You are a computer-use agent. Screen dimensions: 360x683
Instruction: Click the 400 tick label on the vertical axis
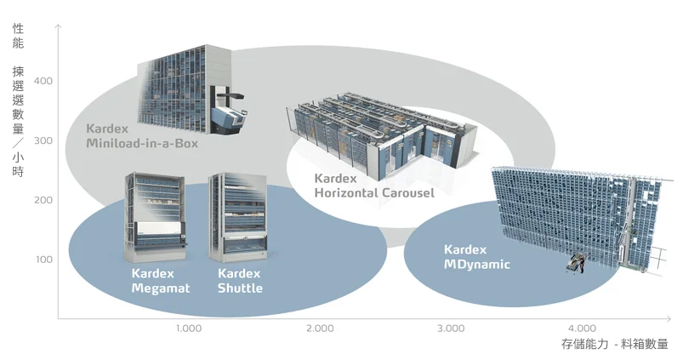click(43, 81)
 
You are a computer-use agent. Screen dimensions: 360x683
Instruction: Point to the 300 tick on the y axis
click(43, 140)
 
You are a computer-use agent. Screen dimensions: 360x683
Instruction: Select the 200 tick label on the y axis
click(43, 200)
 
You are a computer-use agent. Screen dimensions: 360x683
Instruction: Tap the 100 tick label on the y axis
click(43, 259)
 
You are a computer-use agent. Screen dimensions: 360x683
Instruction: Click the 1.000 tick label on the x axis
click(189, 329)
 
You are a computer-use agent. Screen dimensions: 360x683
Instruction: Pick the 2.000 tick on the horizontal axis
click(320, 329)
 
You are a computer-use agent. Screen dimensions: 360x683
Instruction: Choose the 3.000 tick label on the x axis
click(451, 329)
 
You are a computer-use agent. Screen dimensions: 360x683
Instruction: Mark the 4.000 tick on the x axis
click(582, 329)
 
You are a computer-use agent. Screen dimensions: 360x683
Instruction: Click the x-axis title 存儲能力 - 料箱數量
click(614, 345)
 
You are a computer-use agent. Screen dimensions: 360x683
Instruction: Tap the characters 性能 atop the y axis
click(19, 35)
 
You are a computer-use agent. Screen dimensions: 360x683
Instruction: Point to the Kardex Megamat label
click(159, 281)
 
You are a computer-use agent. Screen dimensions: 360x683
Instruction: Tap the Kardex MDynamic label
click(476, 257)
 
